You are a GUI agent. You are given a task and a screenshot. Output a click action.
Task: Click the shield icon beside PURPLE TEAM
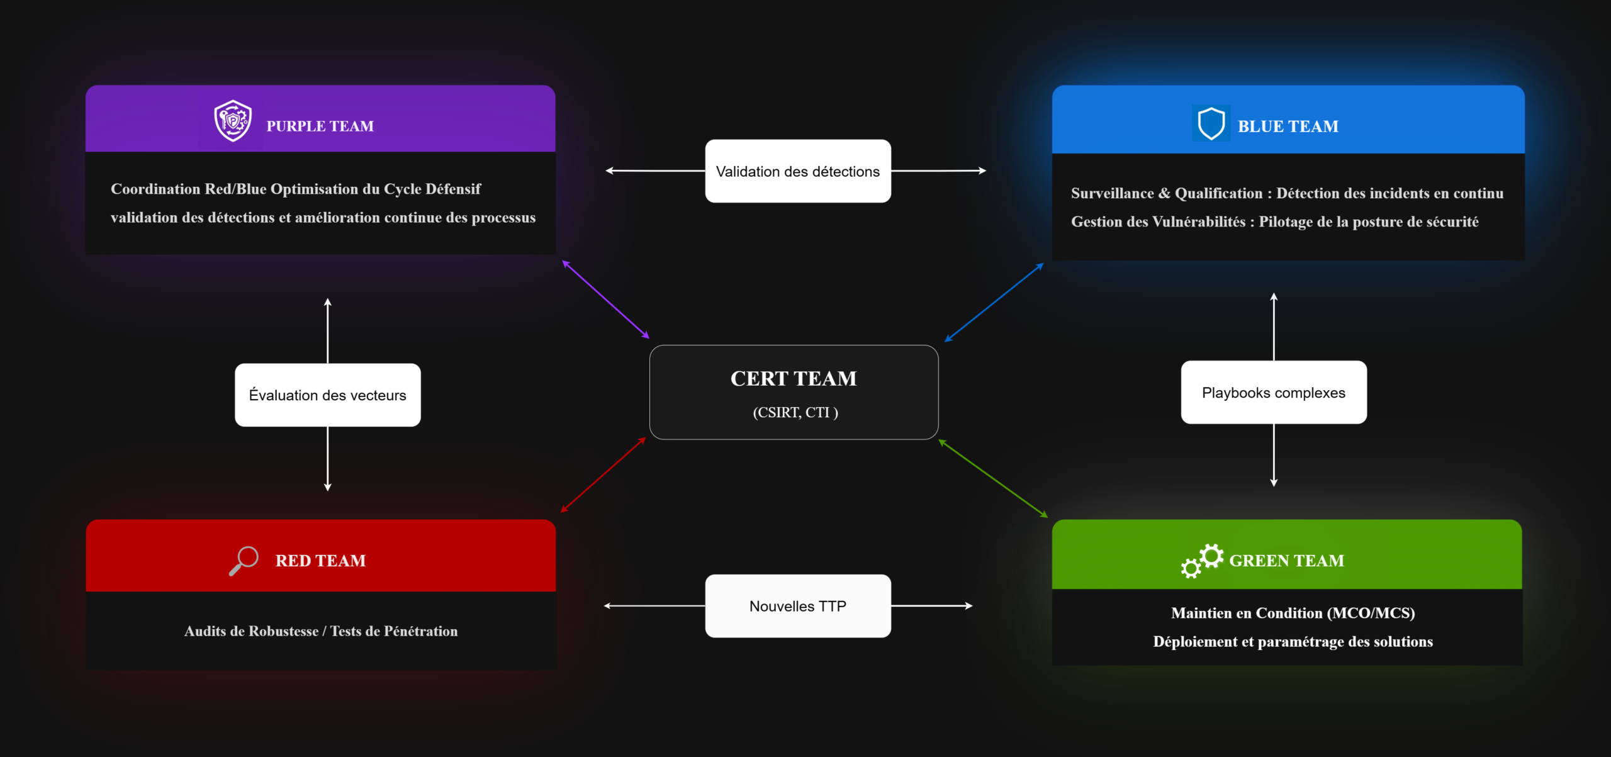click(233, 120)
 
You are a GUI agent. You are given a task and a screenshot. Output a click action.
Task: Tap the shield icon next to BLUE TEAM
click(1211, 123)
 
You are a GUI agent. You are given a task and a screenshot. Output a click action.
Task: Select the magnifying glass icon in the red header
click(244, 560)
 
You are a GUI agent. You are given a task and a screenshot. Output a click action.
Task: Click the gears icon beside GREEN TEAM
click(1202, 560)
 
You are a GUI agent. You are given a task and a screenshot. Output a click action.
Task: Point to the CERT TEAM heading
click(794, 379)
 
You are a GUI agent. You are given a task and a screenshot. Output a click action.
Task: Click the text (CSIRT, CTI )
click(795, 413)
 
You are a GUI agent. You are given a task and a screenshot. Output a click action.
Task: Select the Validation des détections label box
click(797, 171)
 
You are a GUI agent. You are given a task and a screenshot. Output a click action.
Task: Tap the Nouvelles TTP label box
click(797, 606)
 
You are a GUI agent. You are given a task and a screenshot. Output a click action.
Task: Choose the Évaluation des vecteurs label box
click(327, 395)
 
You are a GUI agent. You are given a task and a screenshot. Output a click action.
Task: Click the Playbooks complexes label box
click(1273, 393)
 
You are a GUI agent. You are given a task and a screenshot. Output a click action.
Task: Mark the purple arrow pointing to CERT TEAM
click(605, 300)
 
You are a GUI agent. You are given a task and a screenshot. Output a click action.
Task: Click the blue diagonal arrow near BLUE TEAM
click(994, 303)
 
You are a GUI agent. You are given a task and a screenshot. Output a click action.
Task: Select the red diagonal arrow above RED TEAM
click(603, 474)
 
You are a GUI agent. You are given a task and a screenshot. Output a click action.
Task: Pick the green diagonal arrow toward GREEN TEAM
click(993, 478)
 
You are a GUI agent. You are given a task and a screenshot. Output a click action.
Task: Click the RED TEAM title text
click(320, 561)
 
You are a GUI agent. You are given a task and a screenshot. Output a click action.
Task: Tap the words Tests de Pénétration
click(394, 631)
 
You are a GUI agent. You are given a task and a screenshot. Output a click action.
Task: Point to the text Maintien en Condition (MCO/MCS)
click(1293, 613)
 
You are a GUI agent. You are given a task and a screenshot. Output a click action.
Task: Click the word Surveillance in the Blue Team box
click(1112, 193)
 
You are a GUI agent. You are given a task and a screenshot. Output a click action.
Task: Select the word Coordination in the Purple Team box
click(155, 189)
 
